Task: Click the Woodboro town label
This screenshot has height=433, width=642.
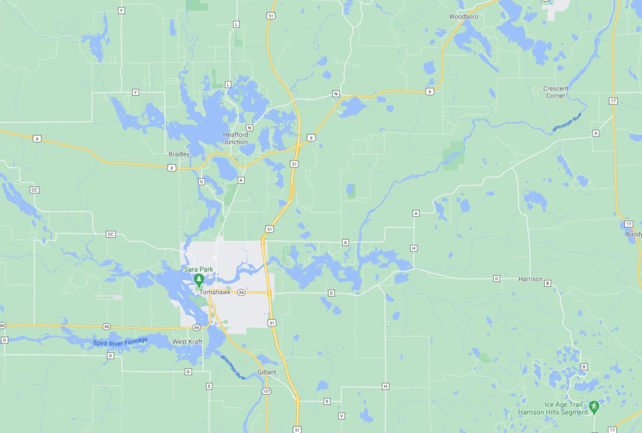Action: [463, 17]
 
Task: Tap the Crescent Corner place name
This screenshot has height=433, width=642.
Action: [556, 92]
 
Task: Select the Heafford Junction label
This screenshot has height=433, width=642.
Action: [235, 138]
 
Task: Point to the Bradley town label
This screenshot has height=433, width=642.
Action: [179, 154]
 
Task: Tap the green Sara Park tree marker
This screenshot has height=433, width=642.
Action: [199, 279]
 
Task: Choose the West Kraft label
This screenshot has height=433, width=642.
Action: [187, 341]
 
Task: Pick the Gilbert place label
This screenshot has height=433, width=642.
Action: [266, 372]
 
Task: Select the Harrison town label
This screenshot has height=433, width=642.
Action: [530, 279]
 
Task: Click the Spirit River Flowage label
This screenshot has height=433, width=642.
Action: [120, 342]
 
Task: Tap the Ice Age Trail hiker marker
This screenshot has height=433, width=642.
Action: [594, 407]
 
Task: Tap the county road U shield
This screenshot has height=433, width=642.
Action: [201, 181]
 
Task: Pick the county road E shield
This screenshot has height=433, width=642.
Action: [209, 386]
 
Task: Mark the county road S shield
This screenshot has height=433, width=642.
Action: [327, 401]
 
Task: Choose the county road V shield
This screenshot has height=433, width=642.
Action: [341, 416]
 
